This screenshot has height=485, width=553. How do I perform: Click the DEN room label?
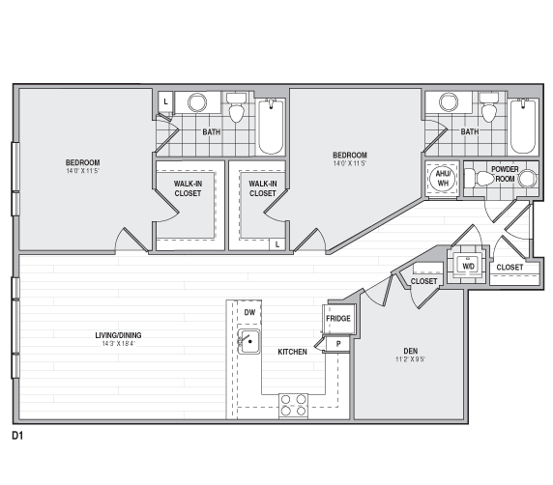tap(411, 351)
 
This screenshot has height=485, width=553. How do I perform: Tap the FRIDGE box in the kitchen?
tap(338, 318)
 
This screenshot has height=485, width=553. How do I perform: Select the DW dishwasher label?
tap(249, 312)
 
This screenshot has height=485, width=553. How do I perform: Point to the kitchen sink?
tap(248, 340)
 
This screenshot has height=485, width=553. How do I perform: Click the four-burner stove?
tap(294, 406)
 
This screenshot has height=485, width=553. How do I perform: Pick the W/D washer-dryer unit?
tap(469, 265)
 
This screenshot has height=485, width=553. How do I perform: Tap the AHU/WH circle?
tap(443, 179)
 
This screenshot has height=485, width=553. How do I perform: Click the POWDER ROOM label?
tap(505, 174)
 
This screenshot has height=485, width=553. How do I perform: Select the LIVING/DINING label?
tap(118, 335)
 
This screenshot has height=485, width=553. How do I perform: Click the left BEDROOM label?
tap(83, 162)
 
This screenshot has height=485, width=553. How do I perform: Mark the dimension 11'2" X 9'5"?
tap(411, 360)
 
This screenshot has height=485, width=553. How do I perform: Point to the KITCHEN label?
tap(293, 352)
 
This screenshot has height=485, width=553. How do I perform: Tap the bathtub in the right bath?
tap(523, 128)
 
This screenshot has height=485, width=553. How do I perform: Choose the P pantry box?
tap(338, 343)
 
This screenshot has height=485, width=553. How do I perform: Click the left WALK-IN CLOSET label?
tap(188, 188)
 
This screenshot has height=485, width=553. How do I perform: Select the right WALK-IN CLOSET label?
tap(262, 188)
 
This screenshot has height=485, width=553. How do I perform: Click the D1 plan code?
tap(17, 437)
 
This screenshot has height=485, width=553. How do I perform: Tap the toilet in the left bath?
tap(236, 111)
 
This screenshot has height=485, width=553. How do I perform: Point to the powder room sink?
tap(527, 178)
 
